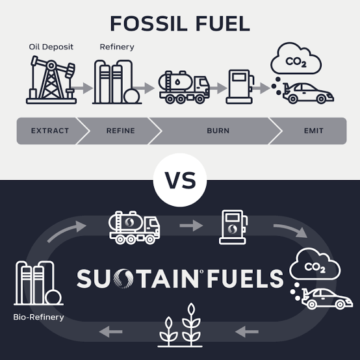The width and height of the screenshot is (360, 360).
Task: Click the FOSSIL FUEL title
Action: click(180, 23)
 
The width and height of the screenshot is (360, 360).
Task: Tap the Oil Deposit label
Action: click(51, 47)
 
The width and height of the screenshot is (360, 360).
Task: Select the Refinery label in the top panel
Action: click(117, 47)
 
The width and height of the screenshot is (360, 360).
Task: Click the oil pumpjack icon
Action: click(51, 80)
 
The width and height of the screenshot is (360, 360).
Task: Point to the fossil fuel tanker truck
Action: click(184, 87)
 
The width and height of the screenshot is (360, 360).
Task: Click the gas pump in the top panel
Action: click(240, 87)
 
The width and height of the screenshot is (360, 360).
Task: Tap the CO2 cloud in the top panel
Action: click(296, 58)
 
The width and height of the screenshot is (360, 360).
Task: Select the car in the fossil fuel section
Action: click(308, 93)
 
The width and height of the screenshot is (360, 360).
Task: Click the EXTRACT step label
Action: click(50, 131)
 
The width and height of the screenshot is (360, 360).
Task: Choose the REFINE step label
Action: click(120, 131)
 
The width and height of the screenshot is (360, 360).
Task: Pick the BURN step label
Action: click(218, 131)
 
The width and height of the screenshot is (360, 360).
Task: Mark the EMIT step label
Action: click(314, 131)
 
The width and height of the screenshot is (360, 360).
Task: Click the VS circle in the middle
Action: click(180, 180)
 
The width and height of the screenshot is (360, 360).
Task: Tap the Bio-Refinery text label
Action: click(38, 317)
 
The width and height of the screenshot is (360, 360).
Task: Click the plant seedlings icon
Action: click(180, 325)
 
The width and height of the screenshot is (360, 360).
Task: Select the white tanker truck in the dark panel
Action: click(135, 227)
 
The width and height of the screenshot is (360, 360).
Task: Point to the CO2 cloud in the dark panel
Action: click(315, 264)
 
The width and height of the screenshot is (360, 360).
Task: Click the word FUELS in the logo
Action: click(245, 279)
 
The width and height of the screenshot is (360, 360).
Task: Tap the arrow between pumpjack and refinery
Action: click(82, 88)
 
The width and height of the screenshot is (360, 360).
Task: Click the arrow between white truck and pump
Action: click(191, 225)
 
